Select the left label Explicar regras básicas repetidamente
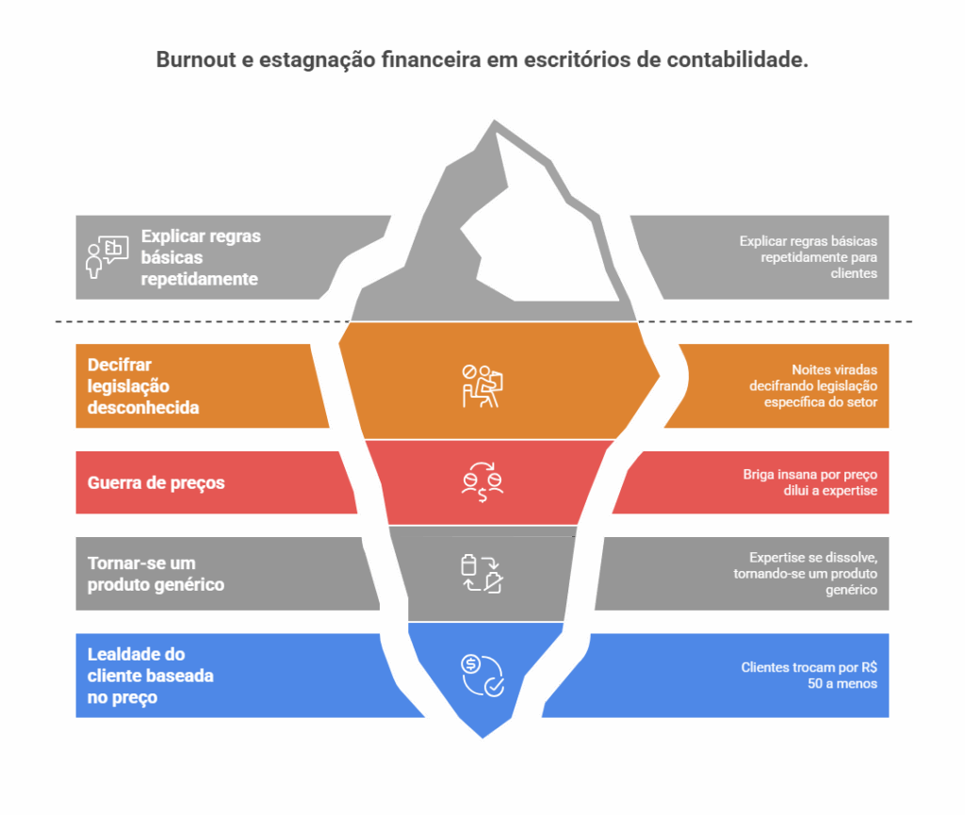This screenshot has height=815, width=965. (x=200, y=257)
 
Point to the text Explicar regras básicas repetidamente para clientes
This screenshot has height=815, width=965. (x=808, y=257)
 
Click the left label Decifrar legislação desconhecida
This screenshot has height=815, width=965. (x=143, y=386)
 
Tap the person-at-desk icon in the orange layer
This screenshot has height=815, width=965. (x=482, y=385)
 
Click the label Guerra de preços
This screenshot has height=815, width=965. (x=156, y=483)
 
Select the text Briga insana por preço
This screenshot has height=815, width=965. (x=810, y=483)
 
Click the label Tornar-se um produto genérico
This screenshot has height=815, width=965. (x=155, y=574)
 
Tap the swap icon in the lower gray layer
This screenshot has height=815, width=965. (x=481, y=574)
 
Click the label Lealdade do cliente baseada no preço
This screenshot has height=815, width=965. (x=150, y=676)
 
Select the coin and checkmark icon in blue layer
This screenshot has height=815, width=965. (x=482, y=675)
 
